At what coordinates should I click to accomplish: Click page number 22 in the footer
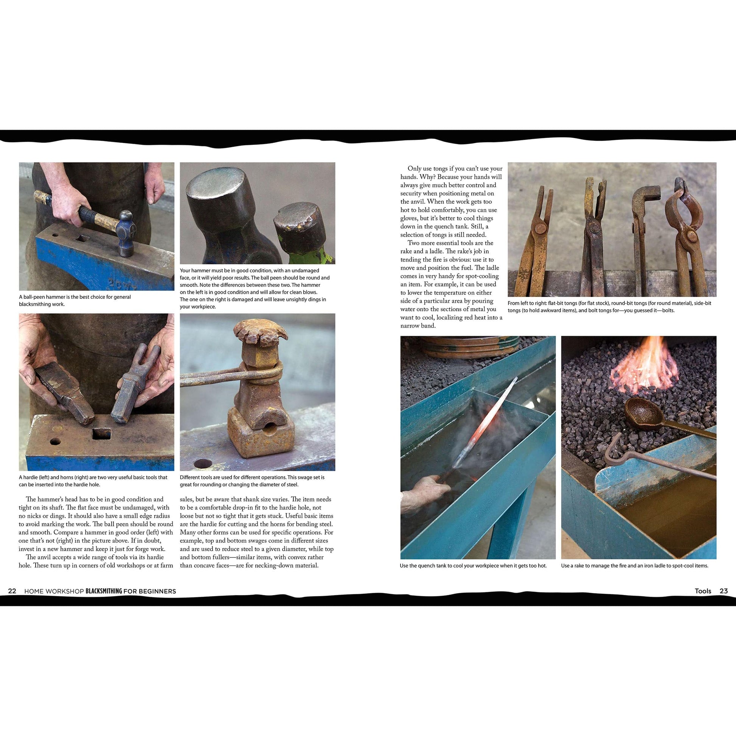tap(12, 591)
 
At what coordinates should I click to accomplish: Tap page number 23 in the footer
tap(724, 591)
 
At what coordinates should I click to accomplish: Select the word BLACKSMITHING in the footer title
tap(104, 591)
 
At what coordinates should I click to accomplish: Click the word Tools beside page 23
tap(703, 591)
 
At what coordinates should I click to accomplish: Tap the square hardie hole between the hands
tap(101, 433)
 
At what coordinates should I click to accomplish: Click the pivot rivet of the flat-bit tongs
tap(540, 229)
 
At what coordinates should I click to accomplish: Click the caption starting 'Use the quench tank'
tap(473, 566)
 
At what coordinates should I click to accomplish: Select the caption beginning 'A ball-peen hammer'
tap(75, 300)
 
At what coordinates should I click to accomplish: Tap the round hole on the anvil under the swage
tap(203, 463)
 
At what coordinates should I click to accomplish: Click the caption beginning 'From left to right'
tap(609, 307)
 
